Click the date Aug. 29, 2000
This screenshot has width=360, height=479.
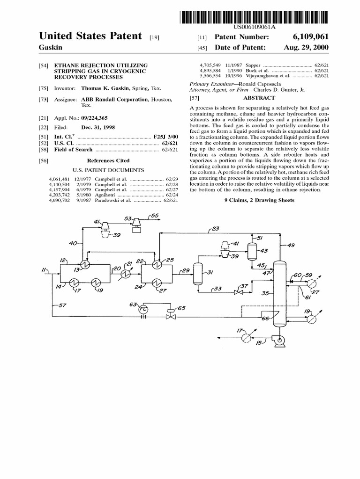[306, 48]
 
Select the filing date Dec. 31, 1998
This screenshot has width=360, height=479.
[98, 127]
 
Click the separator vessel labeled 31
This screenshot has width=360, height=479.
[197, 273]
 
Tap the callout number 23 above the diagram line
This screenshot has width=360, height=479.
[215, 229]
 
